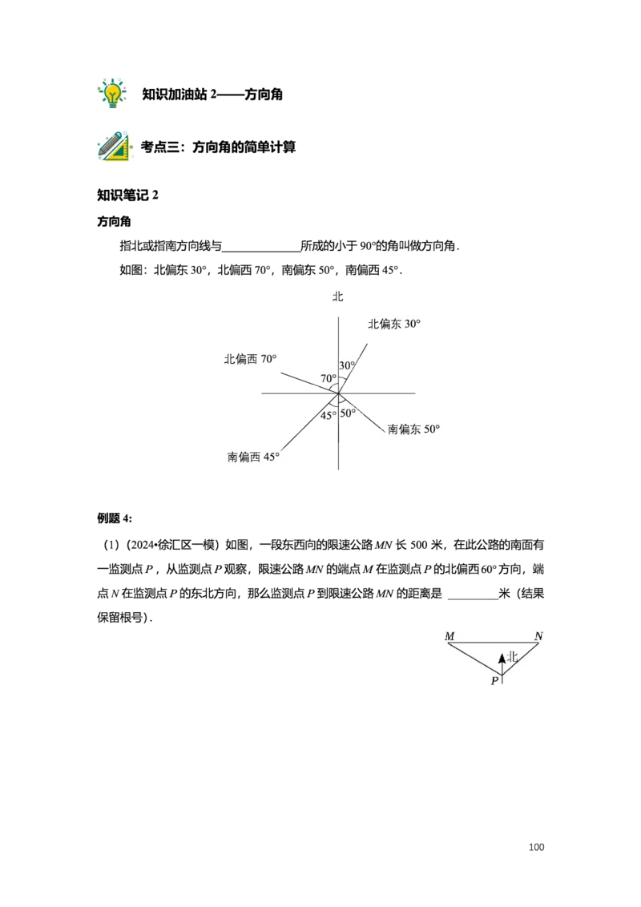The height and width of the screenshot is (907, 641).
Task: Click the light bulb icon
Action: [x=112, y=93]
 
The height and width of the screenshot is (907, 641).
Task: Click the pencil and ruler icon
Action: [x=114, y=147]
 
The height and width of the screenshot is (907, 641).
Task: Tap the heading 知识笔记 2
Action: [x=127, y=195]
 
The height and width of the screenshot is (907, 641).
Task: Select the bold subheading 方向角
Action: [x=114, y=222]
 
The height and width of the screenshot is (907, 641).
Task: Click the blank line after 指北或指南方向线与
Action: [x=261, y=251]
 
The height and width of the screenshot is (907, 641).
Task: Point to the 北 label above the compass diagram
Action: [x=338, y=296]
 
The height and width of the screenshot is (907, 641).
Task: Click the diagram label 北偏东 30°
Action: [x=394, y=324]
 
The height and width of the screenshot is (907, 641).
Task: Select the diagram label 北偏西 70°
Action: [x=251, y=359]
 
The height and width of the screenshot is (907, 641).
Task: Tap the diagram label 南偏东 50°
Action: [x=413, y=429]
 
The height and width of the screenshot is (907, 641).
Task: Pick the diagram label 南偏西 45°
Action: [x=253, y=457]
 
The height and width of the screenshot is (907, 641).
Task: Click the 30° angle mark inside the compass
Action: [x=347, y=365]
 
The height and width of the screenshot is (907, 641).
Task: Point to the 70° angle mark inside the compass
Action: [x=329, y=378]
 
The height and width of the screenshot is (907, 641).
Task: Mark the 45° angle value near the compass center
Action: [x=329, y=415]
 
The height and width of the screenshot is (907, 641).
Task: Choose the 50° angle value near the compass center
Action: [x=348, y=413]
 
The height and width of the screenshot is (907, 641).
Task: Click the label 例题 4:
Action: [x=115, y=518]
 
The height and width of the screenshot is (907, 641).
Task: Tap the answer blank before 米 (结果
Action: [x=474, y=599]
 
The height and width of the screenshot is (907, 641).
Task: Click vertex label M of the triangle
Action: [x=450, y=636]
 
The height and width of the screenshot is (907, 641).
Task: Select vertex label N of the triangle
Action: [x=538, y=636]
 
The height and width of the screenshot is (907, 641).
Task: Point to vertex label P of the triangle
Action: [x=494, y=681]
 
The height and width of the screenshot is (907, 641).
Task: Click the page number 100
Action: [x=536, y=847]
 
